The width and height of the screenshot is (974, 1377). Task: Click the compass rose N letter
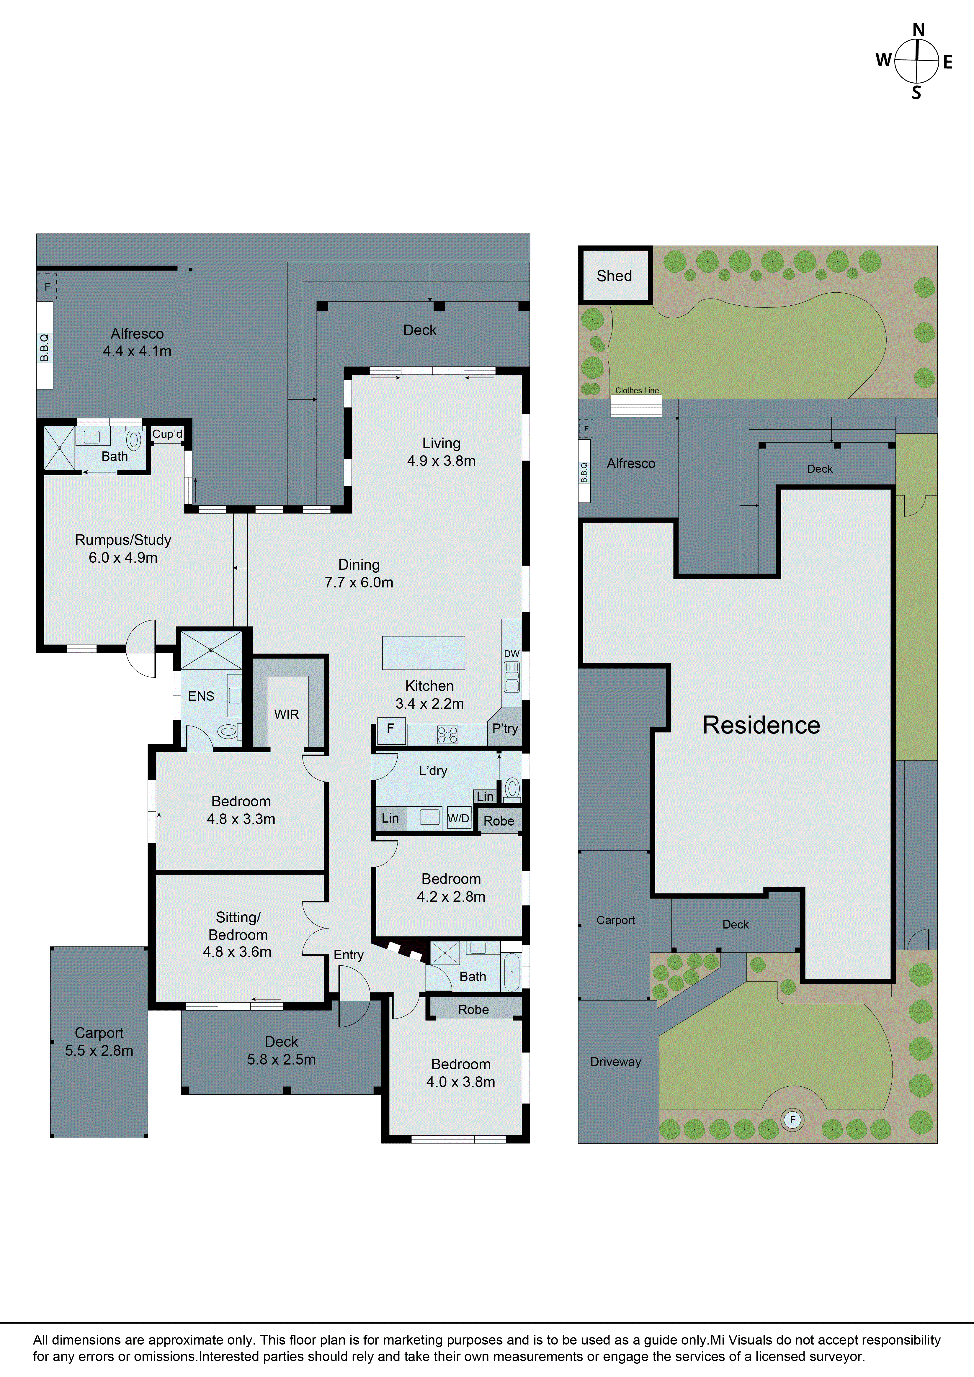(x=918, y=30)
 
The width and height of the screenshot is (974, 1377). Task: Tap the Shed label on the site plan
(x=614, y=276)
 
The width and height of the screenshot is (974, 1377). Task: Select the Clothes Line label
(x=637, y=390)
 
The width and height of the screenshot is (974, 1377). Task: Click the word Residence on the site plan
(x=761, y=725)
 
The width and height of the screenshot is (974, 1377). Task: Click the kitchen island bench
(x=424, y=653)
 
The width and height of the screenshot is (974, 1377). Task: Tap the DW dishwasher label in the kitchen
(x=511, y=654)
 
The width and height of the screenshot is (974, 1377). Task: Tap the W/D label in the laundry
(x=458, y=818)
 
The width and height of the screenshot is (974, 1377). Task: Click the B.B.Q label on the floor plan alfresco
(x=44, y=348)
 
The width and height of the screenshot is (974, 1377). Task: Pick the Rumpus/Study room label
(x=123, y=540)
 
